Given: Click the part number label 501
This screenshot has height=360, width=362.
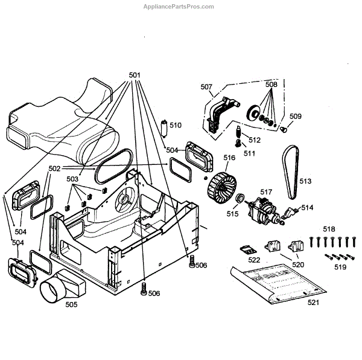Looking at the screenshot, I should tap(135, 76).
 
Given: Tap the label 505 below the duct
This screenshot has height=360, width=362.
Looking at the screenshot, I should tap(71, 305).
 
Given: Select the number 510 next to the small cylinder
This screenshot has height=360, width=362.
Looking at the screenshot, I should tap(175, 126).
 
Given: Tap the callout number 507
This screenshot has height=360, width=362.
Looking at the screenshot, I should tap(206, 87).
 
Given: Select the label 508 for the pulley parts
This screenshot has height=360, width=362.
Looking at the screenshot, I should tap(271, 85).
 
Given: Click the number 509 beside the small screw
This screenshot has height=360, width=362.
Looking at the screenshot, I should tap(296, 116).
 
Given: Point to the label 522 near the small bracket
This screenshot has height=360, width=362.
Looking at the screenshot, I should tap(254, 260).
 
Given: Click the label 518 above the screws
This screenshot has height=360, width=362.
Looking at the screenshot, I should tap(328, 229).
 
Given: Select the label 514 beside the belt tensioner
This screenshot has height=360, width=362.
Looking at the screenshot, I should tap(308, 207).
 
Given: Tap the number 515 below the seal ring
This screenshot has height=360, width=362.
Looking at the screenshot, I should tap(232, 213).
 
